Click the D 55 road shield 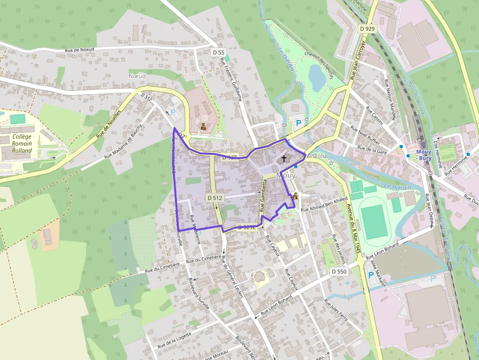(218, 52)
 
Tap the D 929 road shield (367, 29)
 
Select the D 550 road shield (339, 272)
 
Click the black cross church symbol (284, 159)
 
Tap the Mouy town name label (286, 175)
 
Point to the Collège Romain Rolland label (22, 144)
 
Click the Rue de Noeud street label (79, 50)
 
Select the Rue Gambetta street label (263, 195)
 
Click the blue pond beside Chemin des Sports (316, 78)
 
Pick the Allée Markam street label (377, 273)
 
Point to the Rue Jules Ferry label (337, 310)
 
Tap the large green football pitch (375, 221)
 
